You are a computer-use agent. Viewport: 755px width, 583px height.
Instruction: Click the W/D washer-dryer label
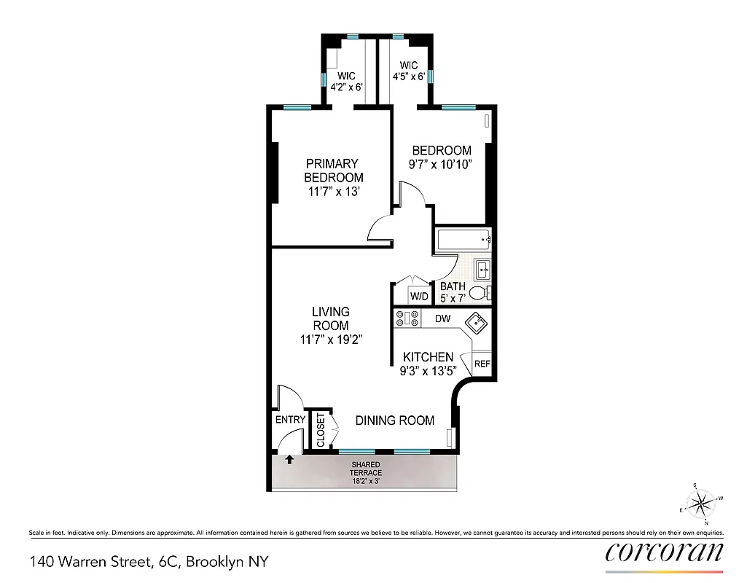pyautogui.click(x=419, y=297)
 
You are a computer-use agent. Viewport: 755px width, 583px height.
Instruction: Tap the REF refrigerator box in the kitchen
pyautogui.click(x=482, y=364)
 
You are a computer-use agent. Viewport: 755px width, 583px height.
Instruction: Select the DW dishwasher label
pyautogui.click(x=442, y=318)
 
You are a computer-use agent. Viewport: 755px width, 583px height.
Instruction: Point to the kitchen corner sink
pyautogui.click(x=477, y=322)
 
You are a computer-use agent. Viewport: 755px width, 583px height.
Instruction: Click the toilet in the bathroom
pyautogui.click(x=479, y=294)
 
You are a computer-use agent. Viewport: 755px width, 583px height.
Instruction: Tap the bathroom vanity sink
pyautogui.click(x=483, y=270)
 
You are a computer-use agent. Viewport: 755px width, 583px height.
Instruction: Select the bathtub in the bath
pyautogui.click(x=463, y=239)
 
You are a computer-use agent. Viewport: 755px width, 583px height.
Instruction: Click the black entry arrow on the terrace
pyautogui.click(x=289, y=460)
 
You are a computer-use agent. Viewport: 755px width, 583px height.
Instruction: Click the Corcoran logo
pyautogui.click(x=664, y=552)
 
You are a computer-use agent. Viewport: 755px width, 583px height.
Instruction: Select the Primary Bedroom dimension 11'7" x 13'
pyautogui.click(x=333, y=192)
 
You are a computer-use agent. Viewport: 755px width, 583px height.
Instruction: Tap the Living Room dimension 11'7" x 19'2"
pyautogui.click(x=330, y=340)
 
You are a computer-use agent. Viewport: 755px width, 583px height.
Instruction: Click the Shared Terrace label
pyautogui.click(x=366, y=469)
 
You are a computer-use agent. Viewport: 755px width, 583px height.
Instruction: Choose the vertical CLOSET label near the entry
pyautogui.click(x=321, y=431)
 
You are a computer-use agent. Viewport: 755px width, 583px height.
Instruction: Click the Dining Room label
pyautogui.click(x=394, y=420)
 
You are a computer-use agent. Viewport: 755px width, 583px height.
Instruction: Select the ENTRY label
pyautogui.click(x=289, y=420)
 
